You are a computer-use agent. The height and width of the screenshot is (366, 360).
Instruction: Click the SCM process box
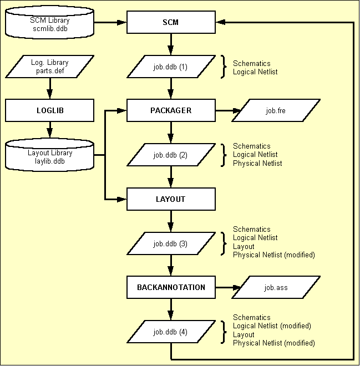pyautogui.click(x=171, y=22)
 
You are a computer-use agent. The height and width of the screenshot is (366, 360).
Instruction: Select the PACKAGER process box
pyautogui.click(x=171, y=110)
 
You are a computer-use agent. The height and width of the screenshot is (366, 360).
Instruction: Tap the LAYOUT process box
pyautogui.click(x=171, y=199)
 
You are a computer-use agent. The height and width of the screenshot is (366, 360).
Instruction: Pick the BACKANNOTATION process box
pyautogui.click(x=171, y=287)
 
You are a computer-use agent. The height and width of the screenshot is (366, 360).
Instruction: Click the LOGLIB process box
pyautogui.click(x=50, y=110)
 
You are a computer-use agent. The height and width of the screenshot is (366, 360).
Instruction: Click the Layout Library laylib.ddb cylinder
pyautogui.click(x=50, y=155)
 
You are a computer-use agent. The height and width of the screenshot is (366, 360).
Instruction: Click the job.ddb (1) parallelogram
pyautogui.click(x=171, y=67)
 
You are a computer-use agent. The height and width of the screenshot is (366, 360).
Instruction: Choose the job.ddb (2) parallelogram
pyautogui.click(x=171, y=155)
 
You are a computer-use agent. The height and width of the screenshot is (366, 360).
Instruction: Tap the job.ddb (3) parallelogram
pyautogui.click(x=171, y=243)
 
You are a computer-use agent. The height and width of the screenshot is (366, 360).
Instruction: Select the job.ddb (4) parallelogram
pyautogui.click(x=171, y=332)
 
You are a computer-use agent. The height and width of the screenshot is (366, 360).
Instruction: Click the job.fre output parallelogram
pyautogui.click(x=276, y=110)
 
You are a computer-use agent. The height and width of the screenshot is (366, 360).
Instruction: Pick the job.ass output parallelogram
pyautogui.click(x=276, y=287)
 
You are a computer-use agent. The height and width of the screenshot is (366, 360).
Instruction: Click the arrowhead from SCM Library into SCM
pyautogui.click(x=122, y=22)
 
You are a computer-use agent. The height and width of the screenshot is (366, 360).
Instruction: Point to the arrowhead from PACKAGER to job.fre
pyautogui.click(x=237, y=110)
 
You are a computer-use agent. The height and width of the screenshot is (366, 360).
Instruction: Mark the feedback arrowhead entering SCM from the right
pyautogui.click(x=221, y=22)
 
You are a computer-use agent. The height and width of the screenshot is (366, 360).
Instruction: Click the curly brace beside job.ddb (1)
pyautogui.click(x=224, y=67)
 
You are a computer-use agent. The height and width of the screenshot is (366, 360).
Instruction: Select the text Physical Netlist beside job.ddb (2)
pyautogui.click(x=257, y=163)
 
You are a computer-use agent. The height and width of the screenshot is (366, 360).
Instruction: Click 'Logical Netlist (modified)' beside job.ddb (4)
pyautogui.click(x=272, y=326)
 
